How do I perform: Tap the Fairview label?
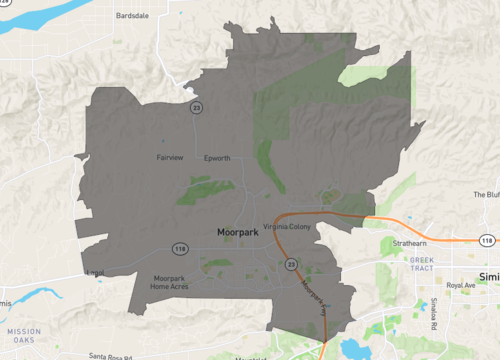coord(170,158)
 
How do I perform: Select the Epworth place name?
coord(217,158)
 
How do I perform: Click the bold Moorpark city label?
coord(238,232)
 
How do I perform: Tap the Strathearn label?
coord(410,242)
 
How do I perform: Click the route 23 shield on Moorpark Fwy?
coord(291,264)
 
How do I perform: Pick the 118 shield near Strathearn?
coord(485,241)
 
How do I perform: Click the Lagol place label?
coord(95,272)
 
